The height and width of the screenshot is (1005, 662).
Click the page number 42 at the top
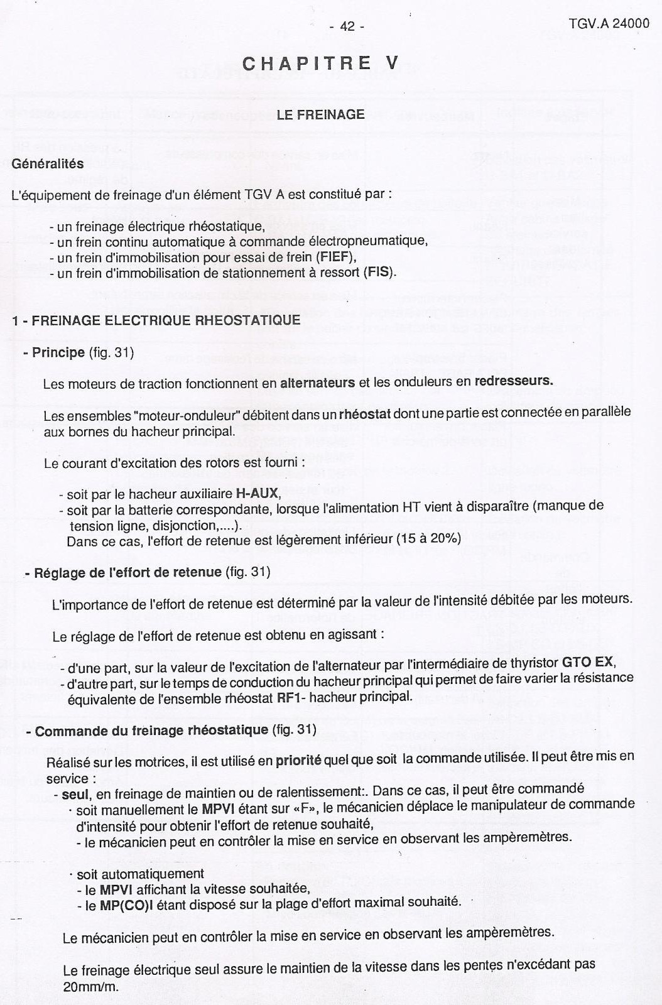pos(347,26)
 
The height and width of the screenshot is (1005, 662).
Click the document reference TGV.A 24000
pos(609,24)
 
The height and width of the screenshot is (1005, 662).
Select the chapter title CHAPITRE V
pos(320,63)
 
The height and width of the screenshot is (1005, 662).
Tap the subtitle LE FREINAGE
pos(320,114)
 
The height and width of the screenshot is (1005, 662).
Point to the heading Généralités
pos(48,164)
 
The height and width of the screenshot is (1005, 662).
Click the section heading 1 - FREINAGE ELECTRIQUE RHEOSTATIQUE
pos(156,320)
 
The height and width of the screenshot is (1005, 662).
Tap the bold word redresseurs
pos(514,381)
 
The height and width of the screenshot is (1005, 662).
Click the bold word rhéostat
pos(365,415)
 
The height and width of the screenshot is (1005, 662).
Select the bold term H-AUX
pos(257,494)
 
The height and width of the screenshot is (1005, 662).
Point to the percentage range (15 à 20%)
pos(429,538)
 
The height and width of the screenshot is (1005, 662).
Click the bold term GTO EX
pos(588,662)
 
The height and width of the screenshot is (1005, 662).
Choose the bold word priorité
pos(298,761)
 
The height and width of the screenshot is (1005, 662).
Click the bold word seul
pos(75,795)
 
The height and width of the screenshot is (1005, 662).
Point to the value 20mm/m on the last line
pos(90,986)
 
